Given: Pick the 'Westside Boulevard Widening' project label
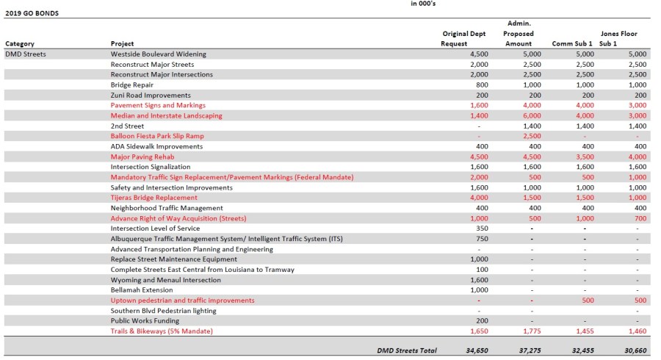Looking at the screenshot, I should tap(158, 54).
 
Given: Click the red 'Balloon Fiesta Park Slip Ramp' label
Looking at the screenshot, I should tap(157, 137).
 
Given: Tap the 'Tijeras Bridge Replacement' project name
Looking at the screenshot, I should tap(153, 198).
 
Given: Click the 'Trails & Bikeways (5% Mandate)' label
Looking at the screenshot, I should tap(161, 331).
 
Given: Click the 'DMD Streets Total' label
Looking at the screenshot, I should tap(406, 350).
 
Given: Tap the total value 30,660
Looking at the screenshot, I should tap(635, 350).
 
